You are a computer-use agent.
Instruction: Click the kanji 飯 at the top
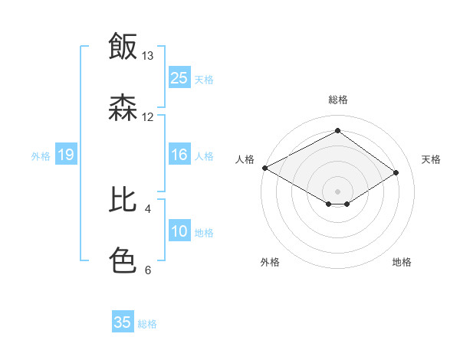pos(123,47)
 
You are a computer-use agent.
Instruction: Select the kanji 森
pos(123,108)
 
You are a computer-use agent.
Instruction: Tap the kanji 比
pos(123,200)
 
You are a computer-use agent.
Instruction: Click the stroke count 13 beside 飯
pos(148,56)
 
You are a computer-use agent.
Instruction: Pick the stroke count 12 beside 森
pos(148,117)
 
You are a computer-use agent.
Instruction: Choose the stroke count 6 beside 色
pos(148,270)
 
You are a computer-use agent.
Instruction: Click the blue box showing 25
pos(179,78)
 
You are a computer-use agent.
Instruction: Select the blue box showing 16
pos(179,155)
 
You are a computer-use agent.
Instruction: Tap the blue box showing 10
pos(179,232)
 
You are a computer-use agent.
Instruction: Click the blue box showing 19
pos(66,155)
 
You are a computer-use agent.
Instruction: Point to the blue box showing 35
pos(123,322)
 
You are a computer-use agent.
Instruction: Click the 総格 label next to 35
pos(147,324)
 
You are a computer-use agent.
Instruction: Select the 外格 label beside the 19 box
pos(41,156)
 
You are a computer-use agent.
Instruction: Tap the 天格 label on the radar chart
pos(431,159)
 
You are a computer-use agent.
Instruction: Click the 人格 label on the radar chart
pos(245,159)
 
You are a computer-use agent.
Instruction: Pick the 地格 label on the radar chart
pos(402,262)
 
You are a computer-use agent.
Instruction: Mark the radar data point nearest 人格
pos(264,168)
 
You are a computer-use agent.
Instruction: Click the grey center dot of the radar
pos(337,191)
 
